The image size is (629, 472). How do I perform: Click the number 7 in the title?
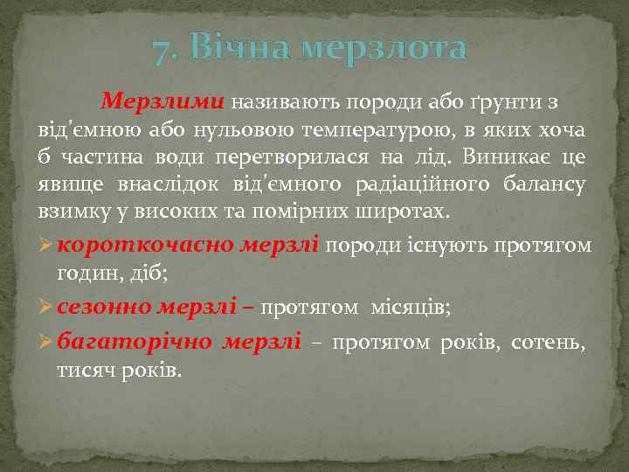tap(160, 52)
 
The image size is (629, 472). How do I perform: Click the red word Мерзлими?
tap(162, 101)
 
